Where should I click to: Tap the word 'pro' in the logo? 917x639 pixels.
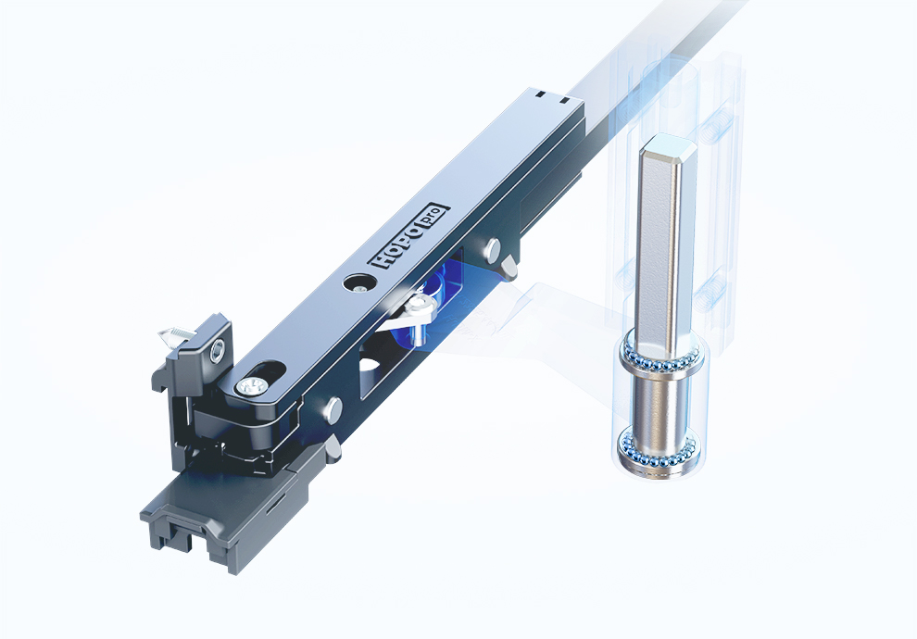coord(433,217)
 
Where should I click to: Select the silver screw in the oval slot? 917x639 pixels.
coord(251,386)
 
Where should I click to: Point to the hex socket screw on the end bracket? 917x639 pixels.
coord(218,350)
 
